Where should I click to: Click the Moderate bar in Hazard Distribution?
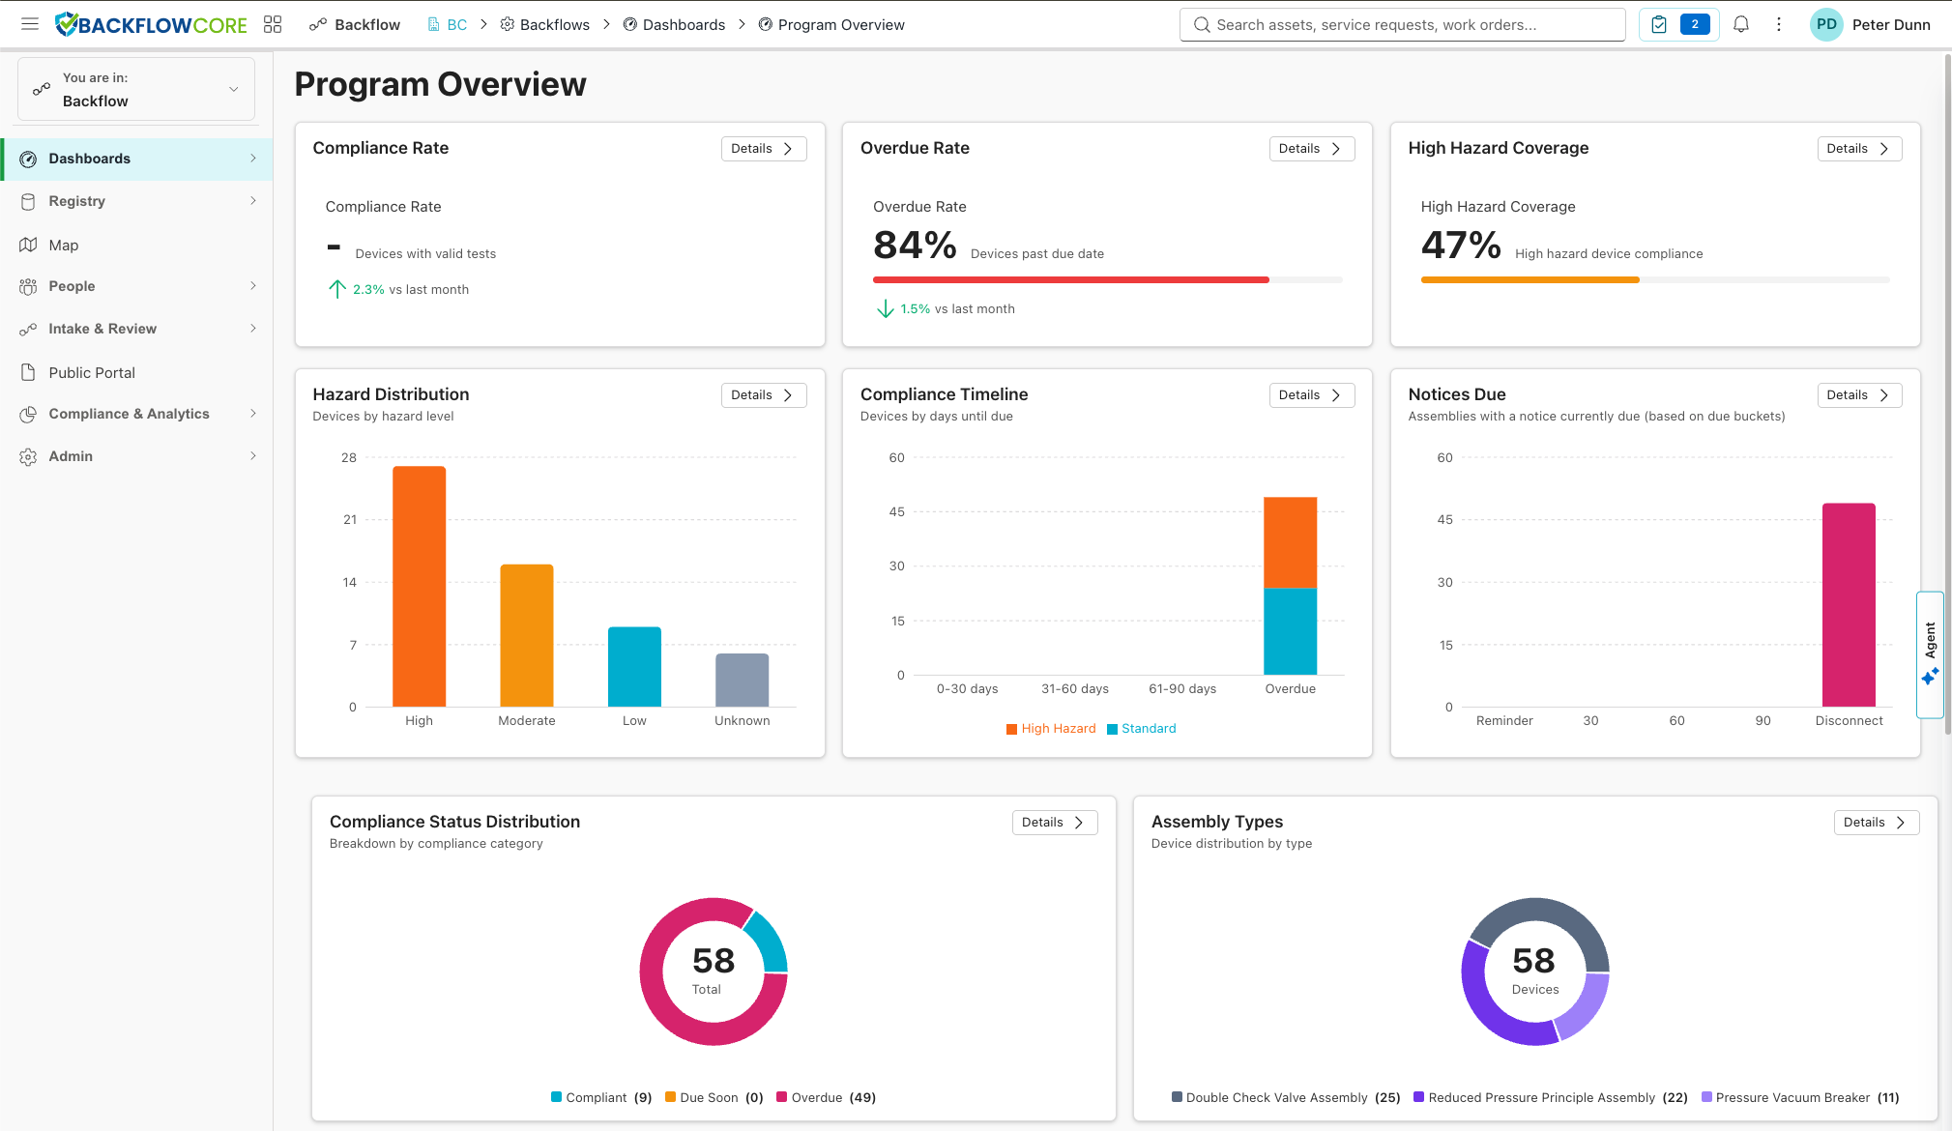click(x=526, y=635)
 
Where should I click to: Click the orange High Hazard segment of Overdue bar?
click(x=1290, y=542)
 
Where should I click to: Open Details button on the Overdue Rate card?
click(x=1310, y=149)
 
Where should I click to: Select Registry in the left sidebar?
click(x=77, y=201)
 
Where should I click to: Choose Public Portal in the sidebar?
click(x=92, y=373)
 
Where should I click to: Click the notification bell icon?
click(x=1740, y=25)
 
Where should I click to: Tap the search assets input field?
click(x=1402, y=25)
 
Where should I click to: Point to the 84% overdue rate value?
click(x=914, y=246)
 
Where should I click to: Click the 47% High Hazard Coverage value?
click(x=1460, y=246)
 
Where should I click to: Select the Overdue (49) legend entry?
click(x=827, y=1098)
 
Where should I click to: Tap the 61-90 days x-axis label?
click(x=1181, y=689)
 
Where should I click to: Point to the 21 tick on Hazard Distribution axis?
click(x=350, y=520)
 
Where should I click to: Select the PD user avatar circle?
click(x=1825, y=25)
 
